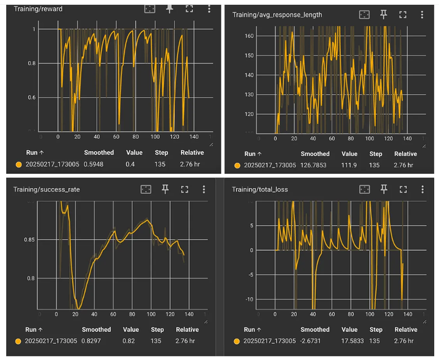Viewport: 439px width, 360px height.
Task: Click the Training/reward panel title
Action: (x=38, y=9)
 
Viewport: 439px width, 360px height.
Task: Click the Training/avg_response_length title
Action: (x=277, y=14)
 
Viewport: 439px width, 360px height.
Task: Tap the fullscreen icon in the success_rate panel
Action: (x=185, y=189)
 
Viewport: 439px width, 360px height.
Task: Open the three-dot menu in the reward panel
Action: (x=209, y=9)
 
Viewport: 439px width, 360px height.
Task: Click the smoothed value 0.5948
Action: (x=97, y=165)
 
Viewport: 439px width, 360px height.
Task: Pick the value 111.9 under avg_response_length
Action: (x=349, y=165)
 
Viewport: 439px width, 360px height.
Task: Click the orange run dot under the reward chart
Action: (x=18, y=165)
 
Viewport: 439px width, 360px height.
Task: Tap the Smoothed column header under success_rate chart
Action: (x=97, y=329)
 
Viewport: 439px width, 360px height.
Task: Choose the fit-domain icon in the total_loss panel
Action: (x=364, y=189)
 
